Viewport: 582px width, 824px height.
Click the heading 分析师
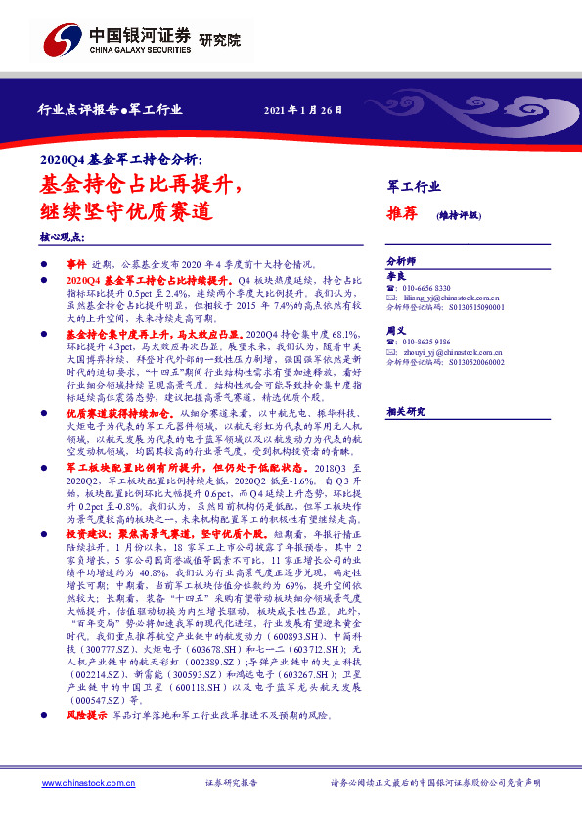click(401, 262)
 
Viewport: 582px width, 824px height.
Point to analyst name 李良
click(395, 278)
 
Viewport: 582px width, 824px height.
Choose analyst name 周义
click(395, 331)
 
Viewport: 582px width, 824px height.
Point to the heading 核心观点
click(62, 238)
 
